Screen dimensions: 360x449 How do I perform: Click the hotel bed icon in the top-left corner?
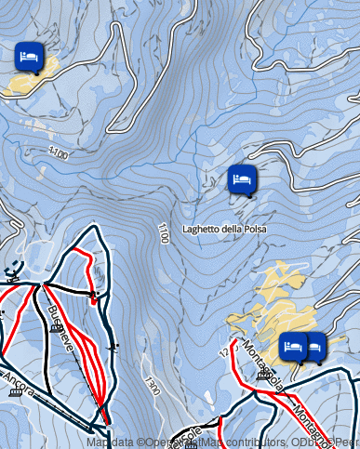30,56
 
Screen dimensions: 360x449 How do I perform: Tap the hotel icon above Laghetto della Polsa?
241,178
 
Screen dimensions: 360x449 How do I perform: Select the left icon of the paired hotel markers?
294,345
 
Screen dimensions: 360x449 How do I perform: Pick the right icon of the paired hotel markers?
314,346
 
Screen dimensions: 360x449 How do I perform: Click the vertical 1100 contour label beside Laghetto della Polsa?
163,233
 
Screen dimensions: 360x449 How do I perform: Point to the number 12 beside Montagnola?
223,352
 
